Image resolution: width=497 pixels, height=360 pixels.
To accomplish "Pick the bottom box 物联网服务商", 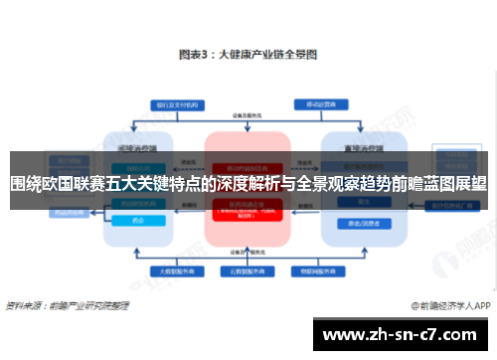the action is [319, 269].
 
